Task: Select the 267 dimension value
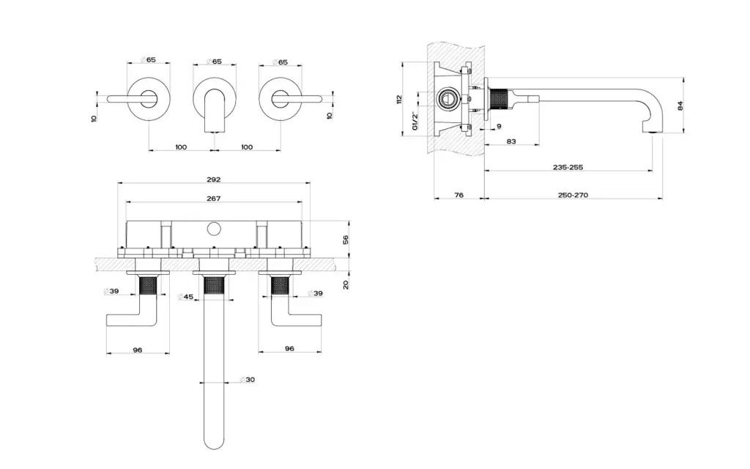pos(214,198)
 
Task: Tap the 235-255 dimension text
pos(568,167)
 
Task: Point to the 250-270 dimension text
pos(573,195)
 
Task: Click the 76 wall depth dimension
pos(458,195)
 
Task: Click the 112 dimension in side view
pos(400,98)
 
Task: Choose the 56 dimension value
pos(346,239)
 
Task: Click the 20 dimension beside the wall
pos(346,284)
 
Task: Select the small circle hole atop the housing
pos(214,229)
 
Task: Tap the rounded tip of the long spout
pos(214,443)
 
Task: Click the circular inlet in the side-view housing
pos(446,98)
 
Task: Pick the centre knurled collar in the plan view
pos(214,284)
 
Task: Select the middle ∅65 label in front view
pos(214,62)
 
